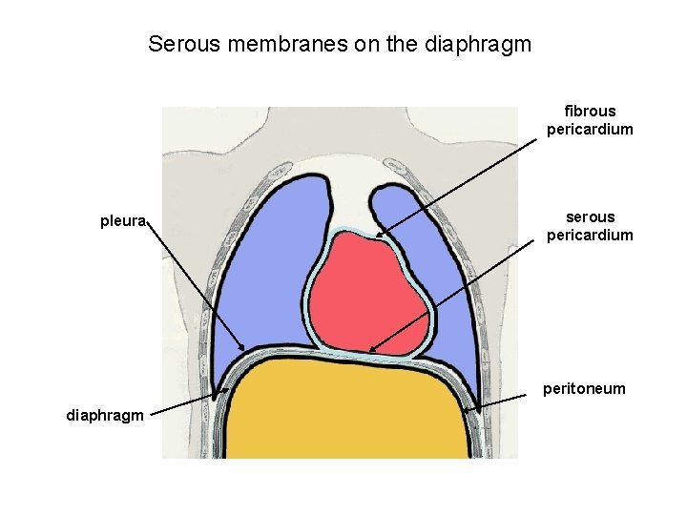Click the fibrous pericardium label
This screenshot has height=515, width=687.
pos(590,120)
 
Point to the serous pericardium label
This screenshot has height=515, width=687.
pos(590,226)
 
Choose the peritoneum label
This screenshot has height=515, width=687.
pos(584,388)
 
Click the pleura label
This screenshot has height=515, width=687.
pos(123,222)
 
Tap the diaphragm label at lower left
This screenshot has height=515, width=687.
pos(105,415)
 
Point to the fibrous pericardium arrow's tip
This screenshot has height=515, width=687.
pos(377,235)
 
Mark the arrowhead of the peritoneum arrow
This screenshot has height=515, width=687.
pos(474,411)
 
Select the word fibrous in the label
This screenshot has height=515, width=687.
pos(590,112)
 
